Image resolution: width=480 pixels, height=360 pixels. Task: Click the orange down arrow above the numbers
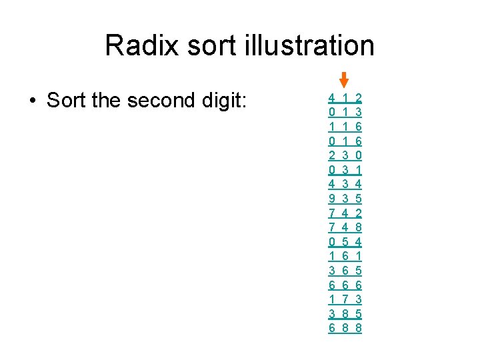344,80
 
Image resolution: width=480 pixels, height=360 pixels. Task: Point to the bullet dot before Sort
31,101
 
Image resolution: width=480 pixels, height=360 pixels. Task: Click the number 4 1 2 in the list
345,97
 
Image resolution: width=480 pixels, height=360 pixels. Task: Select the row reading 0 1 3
345,112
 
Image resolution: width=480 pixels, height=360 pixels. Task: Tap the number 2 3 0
345,155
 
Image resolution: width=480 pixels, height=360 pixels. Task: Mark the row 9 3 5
345,199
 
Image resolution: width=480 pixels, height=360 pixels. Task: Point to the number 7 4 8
345,227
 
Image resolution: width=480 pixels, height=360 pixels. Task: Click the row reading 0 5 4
345,241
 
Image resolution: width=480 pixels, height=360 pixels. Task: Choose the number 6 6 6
345,285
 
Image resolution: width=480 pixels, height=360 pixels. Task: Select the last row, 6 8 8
345,328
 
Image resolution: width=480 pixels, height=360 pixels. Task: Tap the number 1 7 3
345,299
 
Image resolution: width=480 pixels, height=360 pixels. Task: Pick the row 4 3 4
345,184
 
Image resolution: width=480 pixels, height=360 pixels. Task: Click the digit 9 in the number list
332,199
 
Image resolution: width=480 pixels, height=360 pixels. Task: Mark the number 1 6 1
345,256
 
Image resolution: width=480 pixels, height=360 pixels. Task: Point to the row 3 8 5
345,313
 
